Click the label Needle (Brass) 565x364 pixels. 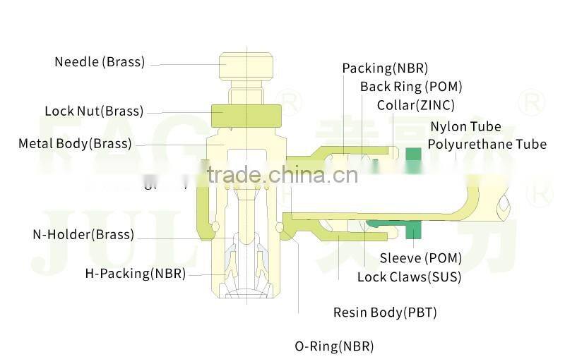(100, 62)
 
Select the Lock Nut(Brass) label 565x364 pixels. (94, 111)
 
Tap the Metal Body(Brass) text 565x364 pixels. (75, 144)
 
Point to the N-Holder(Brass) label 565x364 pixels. (83, 235)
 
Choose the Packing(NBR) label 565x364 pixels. (385, 68)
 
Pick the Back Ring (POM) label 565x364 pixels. (411, 87)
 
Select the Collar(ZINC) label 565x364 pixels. (415, 105)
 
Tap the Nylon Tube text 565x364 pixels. (465, 127)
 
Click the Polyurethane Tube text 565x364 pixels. (487, 145)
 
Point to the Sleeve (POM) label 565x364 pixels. (420, 258)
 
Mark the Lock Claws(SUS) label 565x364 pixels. (409, 277)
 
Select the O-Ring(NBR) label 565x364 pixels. (334, 346)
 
